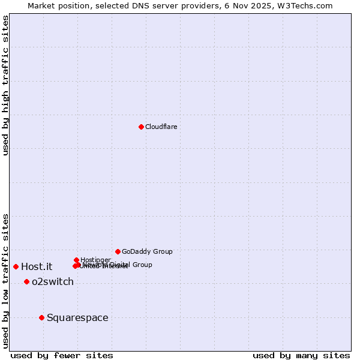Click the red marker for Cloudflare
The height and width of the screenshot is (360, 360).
click(141, 127)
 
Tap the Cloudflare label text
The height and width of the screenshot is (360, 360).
click(161, 127)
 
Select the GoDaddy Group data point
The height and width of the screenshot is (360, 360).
click(118, 251)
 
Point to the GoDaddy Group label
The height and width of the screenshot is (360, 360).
click(147, 251)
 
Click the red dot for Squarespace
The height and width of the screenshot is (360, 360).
click(41, 317)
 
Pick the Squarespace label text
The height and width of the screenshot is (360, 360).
click(77, 317)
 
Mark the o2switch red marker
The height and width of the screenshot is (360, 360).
click(26, 281)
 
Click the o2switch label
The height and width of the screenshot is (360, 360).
click(53, 281)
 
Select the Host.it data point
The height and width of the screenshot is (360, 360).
click(16, 266)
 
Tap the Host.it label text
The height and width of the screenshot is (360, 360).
click(37, 266)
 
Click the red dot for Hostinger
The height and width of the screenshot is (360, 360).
click(76, 260)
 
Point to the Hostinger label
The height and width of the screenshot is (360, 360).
click(95, 260)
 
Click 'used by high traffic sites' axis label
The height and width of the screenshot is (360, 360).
click(6, 85)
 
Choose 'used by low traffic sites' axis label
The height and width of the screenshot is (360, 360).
click(6, 280)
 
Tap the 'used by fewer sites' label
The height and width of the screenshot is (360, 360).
click(62, 355)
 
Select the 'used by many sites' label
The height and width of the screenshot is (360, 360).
click(301, 355)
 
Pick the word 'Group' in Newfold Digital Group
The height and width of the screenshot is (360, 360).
click(142, 265)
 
